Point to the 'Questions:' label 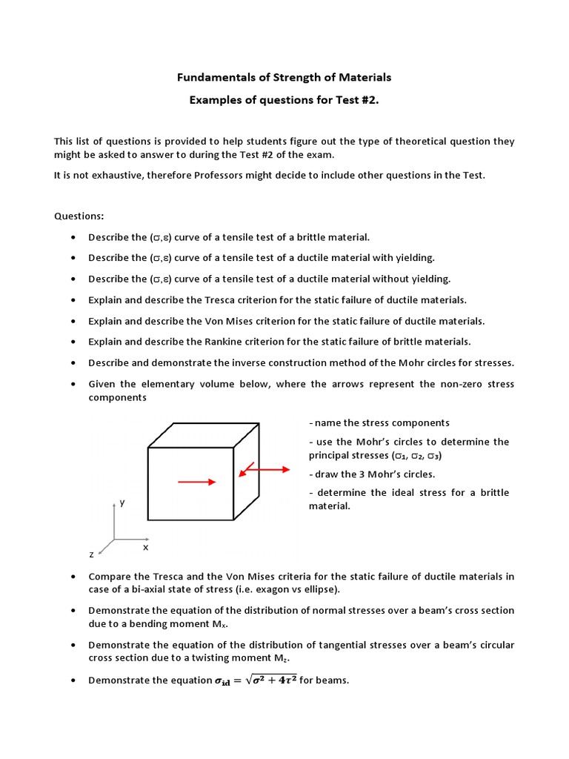tap(79, 216)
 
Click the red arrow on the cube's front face tap(197, 482)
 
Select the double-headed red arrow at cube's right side tap(264, 469)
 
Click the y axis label tap(122, 503)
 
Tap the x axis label tap(145, 547)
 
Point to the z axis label tap(90, 554)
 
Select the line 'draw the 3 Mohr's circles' tap(372, 474)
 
